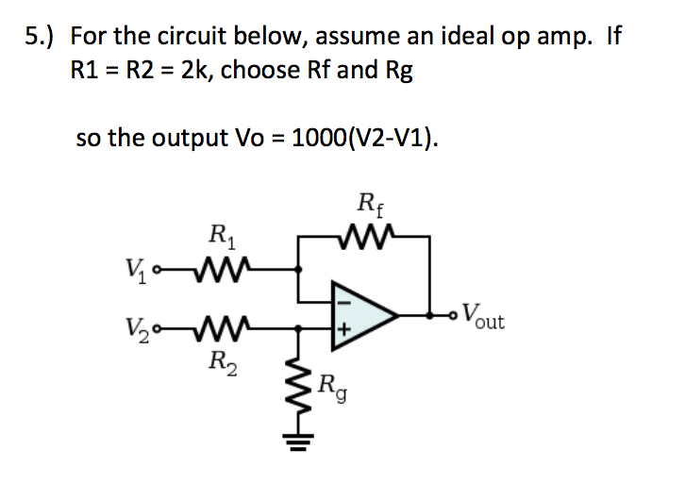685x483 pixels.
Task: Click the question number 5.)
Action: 39,37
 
